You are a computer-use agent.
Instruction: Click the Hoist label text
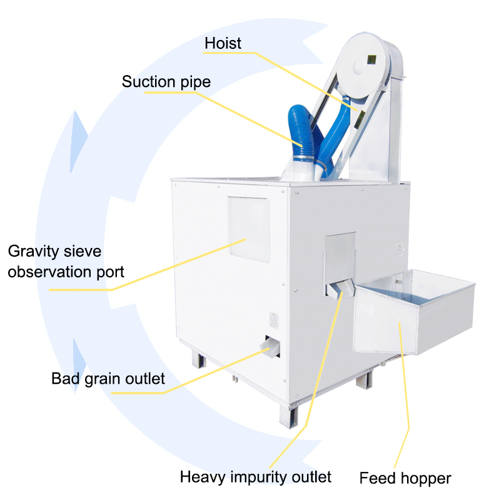223,43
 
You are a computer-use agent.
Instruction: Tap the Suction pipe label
166,82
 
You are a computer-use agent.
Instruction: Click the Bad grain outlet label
108,379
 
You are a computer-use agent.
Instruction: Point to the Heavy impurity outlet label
256,477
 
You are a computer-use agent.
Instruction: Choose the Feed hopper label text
405,478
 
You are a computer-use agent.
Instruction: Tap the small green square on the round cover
371,59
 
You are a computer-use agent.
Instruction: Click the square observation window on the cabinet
249,229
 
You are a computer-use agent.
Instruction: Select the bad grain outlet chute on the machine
270,346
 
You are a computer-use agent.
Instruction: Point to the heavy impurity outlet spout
341,289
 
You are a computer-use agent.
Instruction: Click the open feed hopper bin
413,312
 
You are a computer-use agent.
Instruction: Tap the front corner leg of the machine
289,416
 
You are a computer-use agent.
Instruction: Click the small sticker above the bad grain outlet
274,320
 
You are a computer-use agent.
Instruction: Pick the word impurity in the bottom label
259,477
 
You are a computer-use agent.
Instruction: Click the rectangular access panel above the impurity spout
340,258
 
